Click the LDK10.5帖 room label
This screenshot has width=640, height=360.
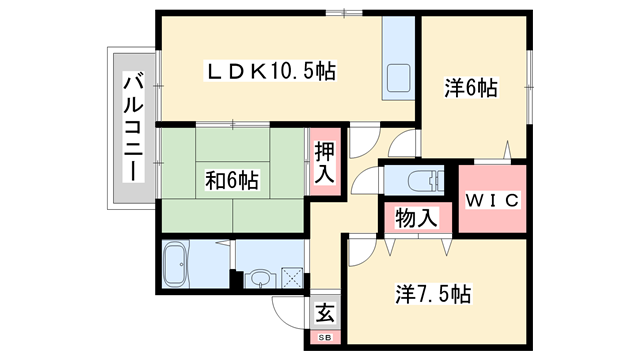[x=270, y=71]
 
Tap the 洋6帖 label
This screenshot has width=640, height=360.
[x=470, y=89]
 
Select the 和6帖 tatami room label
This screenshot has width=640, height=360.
[x=232, y=181]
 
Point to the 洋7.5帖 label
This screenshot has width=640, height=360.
[x=433, y=295]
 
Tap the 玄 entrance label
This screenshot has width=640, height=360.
[x=325, y=312]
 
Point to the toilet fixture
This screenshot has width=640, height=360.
[x=419, y=181]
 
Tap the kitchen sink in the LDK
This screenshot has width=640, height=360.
[x=397, y=79]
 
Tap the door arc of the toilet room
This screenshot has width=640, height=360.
[x=366, y=183]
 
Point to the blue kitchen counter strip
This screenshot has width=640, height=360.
[x=399, y=59]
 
